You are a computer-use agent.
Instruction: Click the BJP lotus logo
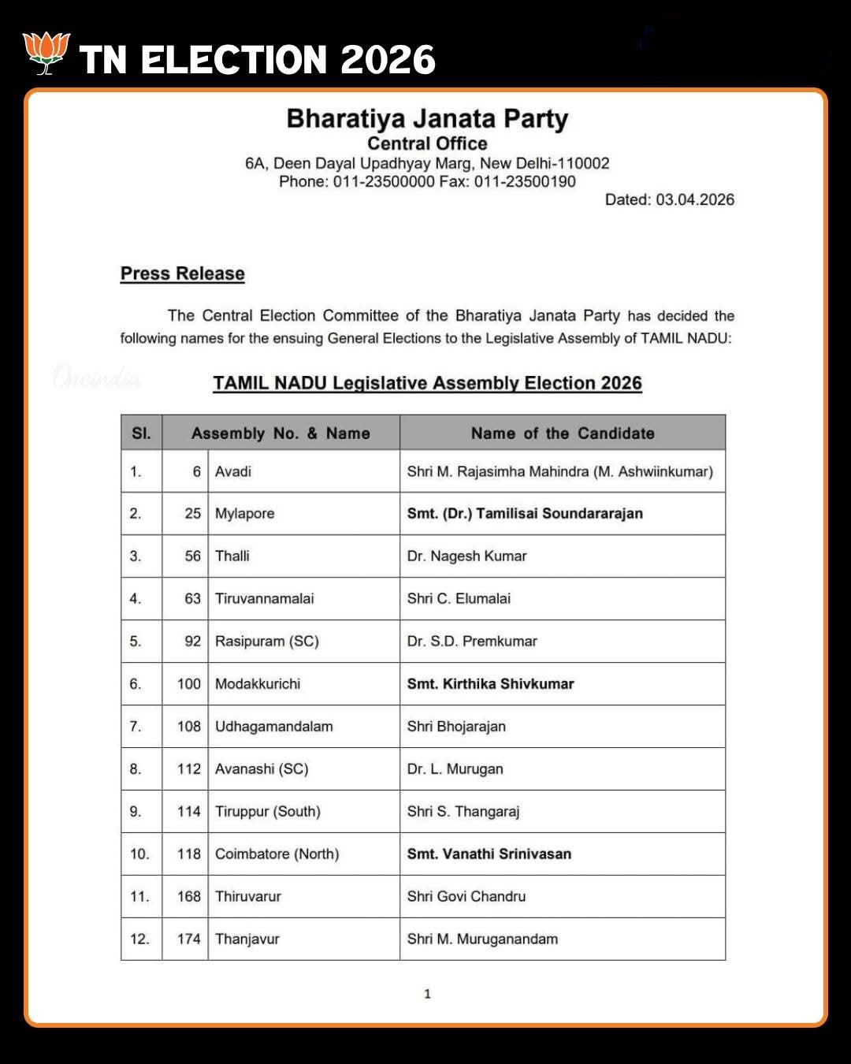pyautogui.click(x=46, y=54)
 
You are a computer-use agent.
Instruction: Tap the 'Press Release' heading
pyautogui.click(x=182, y=273)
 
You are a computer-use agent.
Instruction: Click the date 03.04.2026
pyautogui.click(x=694, y=199)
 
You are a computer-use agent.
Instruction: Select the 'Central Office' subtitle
pyautogui.click(x=427, y=143)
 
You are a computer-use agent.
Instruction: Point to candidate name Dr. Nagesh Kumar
pyautogui.click(x=466, y=556)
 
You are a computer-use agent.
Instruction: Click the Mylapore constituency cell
pyautogui.click(x=245, y=513)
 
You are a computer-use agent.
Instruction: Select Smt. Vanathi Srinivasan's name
pyautogui.click(x=489, y=854)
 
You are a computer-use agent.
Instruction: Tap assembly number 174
pyautogui.click(x=189, y=939)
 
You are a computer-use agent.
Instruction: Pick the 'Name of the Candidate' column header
pyautogui.click(x=563, y=433)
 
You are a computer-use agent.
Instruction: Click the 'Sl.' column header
pyautogui.click(x=141, y=433)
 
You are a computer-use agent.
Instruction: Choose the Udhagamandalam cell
pyautogui.click(x=273, y=726)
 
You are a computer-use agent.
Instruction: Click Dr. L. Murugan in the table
pyautogui.click(x=455, y=768)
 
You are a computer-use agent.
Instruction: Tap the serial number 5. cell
pyautogui.click(x=136, y=641)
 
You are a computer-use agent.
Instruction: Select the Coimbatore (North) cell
pyautogui.click(x=277, y=854)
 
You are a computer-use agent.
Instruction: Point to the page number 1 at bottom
pyautogui.click(x=427, y=994)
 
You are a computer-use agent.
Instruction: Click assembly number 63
pyautogui.click(x=192, y=598)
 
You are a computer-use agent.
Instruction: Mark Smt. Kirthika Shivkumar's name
pyautogui.click(x=490, y=683)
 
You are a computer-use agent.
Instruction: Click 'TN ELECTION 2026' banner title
pyautogui.click(x=257, y=60)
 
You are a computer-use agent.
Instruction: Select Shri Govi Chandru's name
pyautogui.click(x=466, y=896)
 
